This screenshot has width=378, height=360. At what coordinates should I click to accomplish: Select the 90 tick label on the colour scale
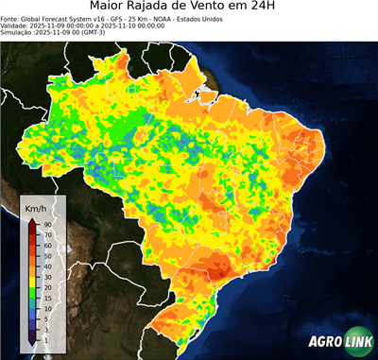(46, 224)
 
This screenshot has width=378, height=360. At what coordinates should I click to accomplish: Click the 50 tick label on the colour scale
(46, 249)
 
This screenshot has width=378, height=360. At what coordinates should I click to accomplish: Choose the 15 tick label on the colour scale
(46, 300)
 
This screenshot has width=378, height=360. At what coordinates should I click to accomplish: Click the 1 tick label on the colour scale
(45, 339)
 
